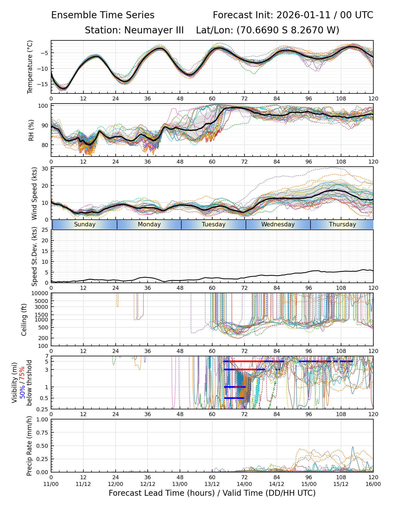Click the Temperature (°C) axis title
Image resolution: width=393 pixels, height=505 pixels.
[30, 67]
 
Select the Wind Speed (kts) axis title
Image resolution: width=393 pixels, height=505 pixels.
[34, 193]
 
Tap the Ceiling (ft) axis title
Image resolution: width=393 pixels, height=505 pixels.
[24, 320]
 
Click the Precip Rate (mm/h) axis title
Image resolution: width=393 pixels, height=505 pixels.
[29, 446]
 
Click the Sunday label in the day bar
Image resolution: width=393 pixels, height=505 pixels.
[85, 224]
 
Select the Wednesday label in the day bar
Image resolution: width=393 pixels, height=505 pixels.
[278, 224]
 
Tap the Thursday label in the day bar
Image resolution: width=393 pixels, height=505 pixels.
[342, 224]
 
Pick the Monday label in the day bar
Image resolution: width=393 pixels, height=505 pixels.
[149, 224]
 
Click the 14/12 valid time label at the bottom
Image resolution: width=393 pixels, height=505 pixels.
[277, 484]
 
